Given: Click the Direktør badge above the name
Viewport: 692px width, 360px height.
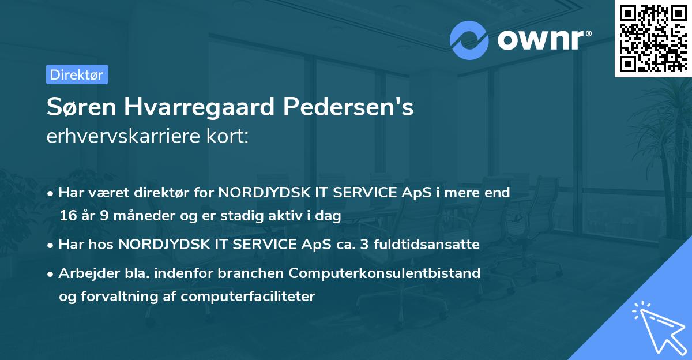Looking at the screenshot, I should tap(77, 74).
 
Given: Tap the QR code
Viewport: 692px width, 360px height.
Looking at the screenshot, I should tap(653, 38).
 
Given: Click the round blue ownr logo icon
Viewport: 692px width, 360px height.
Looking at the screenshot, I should tap(469, 40).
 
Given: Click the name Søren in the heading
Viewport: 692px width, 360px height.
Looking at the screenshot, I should tap(78, 108).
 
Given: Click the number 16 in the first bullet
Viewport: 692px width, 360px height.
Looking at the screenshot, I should tap(68, 216).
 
